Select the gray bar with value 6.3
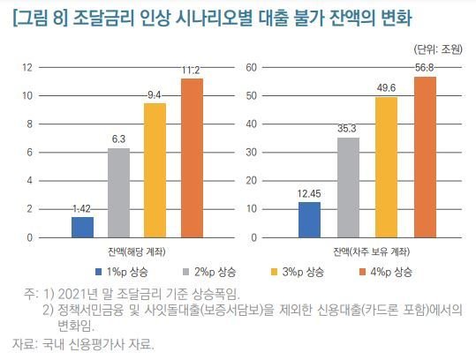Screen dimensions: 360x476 click(119, 192)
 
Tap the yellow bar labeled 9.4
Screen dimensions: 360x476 click(155, 170)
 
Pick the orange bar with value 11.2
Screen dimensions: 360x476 click(192, 158)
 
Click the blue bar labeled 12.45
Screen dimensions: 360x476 click(309, 220)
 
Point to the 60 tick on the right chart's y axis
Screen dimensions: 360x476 click(250, 67)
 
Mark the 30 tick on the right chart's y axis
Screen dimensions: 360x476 click(250, 153)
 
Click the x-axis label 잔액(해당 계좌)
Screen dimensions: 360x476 click(137, 251)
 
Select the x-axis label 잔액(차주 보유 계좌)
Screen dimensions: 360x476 click(365, 251)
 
